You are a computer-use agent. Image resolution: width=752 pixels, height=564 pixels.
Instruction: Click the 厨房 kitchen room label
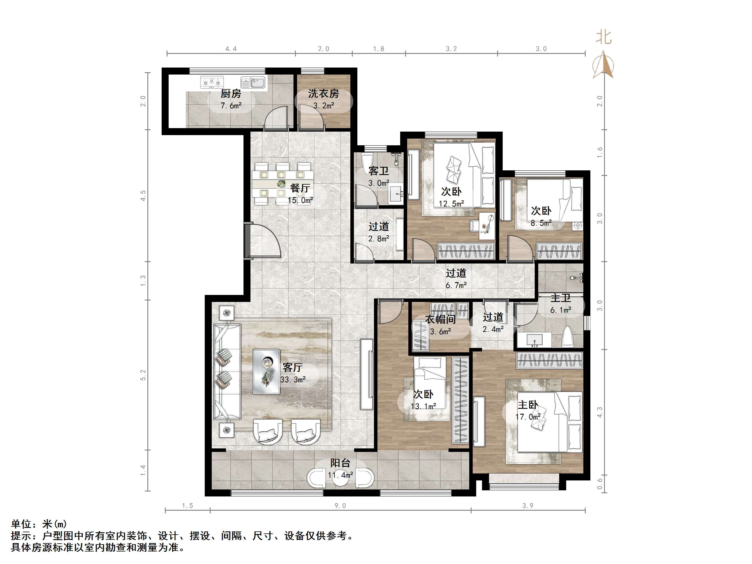tap(231, 93)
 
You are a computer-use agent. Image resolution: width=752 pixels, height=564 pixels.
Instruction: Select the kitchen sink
tap(253, 83)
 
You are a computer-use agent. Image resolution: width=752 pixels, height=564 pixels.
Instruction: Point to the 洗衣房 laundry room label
tap(323, 93)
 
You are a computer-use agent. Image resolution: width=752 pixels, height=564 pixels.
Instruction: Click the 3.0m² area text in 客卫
tap(378, 183)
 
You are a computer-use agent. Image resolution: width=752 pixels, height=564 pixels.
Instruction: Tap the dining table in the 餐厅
tap(282, 184)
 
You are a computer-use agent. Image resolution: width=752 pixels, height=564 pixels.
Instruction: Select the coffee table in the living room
tap(266, 372)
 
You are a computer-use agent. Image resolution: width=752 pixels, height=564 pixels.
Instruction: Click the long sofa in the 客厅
tap(227, 372)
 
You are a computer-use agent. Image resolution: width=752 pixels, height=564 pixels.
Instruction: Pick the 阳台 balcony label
tap(340, 463)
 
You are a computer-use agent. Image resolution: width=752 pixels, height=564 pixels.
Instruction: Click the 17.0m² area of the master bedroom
tap(528, 417)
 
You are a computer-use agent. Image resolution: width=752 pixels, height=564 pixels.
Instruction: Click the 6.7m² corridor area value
tap(456, 286)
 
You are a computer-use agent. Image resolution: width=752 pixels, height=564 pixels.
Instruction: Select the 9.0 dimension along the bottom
tap(340, 506)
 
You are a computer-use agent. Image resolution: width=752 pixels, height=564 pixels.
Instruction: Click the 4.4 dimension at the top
tap(231, 49)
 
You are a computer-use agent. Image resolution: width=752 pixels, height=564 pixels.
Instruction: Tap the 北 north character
tap(603, 37)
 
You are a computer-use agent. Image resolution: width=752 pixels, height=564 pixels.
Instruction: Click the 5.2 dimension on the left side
tap(143, 375)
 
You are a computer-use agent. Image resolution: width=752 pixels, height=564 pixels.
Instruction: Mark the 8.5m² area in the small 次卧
tap(541, 223)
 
